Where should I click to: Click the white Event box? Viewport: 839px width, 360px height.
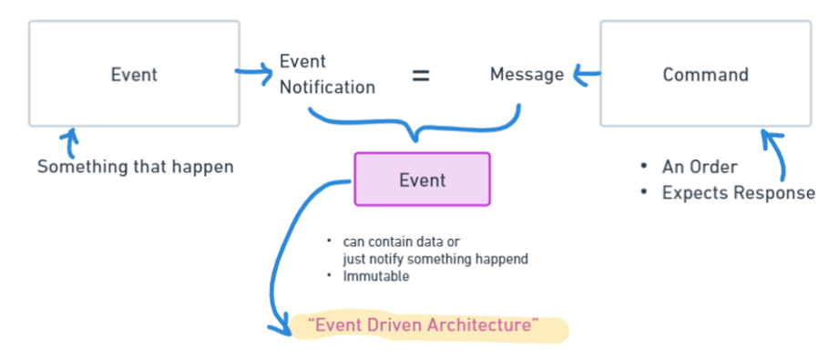[x=134, y=74]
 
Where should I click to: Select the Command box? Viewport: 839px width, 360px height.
[x=705, y=74]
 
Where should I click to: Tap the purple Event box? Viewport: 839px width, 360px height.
[x=422, y=180]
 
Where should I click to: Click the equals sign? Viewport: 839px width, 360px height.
[x=420, y=76]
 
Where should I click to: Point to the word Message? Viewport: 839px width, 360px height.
[x=527, y=75]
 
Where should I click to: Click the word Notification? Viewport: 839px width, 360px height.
[x=327, y=87]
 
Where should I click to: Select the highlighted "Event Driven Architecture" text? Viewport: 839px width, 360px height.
[x=424, y=324]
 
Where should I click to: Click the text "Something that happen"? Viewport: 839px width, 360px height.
[x=135, y=167]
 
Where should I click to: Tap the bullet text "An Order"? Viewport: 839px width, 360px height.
[x=700, y=168]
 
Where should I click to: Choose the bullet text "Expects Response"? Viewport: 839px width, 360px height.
[x=738, y=192]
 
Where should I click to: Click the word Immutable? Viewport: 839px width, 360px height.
[x=375, y=277]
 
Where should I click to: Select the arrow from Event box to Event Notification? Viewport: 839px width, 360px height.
[x=256, y=71]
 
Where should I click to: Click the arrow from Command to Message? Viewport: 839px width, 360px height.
[x=583, y=77]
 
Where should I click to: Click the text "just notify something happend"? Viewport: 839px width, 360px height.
[x=435, y=259]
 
